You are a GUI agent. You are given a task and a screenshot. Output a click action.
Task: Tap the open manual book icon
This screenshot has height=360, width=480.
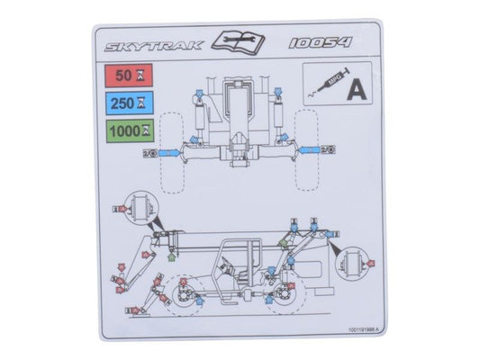pos(239,40)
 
